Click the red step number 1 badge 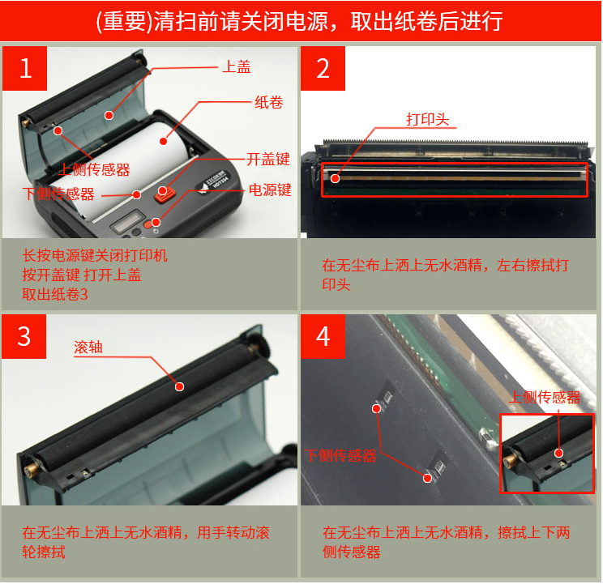tap(26, 68)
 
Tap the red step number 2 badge tap(323, 68)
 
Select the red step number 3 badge tap(26, 335)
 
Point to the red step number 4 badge tap(323, 335)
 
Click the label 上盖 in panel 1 tap(237, 67)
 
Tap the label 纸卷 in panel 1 tap(268, 103)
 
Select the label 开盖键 tap(268, 160)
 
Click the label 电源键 tap(269, 190)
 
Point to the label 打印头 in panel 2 tap(427, 119)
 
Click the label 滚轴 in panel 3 tap(88, 347)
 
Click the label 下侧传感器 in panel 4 tap(341, 456)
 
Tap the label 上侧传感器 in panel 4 tap(545, 398)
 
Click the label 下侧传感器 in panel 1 tap(58, 194)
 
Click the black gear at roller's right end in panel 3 tap(262, 350)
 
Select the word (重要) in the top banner tap(122, 21)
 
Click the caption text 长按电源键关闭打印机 tap(95, 256)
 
